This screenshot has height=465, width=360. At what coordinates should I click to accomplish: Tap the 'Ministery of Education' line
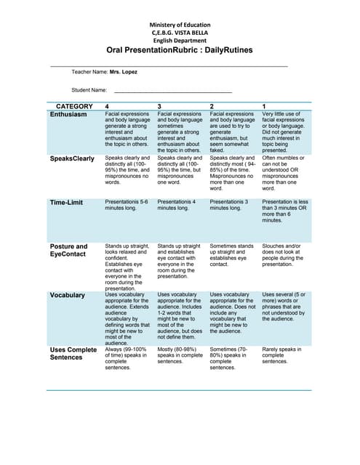coord(179,25)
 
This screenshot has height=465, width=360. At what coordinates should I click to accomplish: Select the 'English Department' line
coord(179,41)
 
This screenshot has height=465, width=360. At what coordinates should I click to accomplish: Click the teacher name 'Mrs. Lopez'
coord(124,72)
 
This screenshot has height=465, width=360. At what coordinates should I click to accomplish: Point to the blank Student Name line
coord(173,91)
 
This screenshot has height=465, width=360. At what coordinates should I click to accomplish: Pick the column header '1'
coord(265,107)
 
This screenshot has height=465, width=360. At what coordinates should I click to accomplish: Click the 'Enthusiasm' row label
coord(68,115)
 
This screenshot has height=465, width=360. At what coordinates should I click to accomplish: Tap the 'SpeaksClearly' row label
coord(72,158)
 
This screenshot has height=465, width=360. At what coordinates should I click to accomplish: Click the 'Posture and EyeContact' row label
coord(68,251)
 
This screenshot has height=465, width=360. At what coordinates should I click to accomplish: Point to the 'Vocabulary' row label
coord(68,296)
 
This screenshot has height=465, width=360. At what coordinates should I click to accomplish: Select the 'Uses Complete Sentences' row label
coord(73,354)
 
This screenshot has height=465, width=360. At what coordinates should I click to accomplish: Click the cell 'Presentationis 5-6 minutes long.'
coord(127,205)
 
